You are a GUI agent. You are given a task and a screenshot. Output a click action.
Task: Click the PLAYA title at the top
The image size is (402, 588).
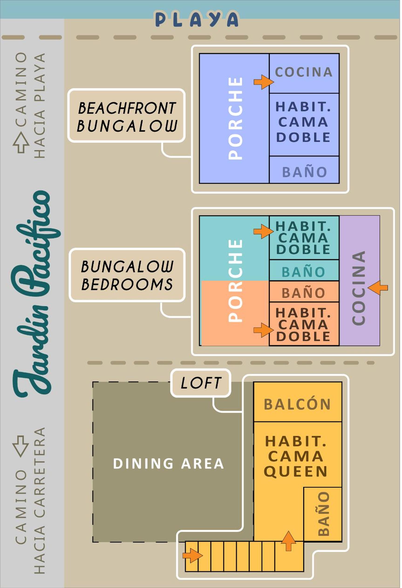pyautogui.click(x=197, y=19)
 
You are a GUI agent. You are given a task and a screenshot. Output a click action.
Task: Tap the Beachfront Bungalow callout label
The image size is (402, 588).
pyautogui.click(x=126, y=115)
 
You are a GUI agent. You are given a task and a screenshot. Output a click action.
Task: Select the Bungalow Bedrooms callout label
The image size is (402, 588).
pyautogui.click(x=127, y=275)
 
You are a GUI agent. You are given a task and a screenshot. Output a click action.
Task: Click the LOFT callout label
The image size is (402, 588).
pyautogui.click(x=201, y=383)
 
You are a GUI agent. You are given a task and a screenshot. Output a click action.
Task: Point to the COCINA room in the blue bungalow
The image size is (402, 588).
pyautogui.click(x=304, y=73)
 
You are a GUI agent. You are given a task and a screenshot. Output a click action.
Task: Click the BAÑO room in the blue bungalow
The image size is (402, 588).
pyautogui.click(x=304, y=170)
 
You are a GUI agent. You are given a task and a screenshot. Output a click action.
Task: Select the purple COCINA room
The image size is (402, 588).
pyautogui.click(x=359, y=280)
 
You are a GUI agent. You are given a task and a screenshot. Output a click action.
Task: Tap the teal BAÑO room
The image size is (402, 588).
pyautogui.click(x=304, y=270)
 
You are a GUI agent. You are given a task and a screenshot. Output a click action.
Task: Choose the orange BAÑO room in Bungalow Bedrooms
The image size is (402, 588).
pyautogui.click(x=304, y=291)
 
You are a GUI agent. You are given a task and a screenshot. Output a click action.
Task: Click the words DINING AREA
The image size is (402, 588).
pyautogui.click(x=168, y=464)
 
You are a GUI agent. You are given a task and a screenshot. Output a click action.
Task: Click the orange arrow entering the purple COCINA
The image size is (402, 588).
pyautogui.click(x=378, y=288)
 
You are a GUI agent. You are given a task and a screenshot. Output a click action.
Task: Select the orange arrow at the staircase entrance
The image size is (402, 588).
pyautogui.click(x=193, y=556)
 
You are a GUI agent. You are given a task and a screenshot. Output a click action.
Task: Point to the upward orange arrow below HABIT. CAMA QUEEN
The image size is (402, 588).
pyautogui.click(x=288, y=540)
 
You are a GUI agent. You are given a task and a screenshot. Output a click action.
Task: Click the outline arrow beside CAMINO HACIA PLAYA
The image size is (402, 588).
pyautogui.click(x=21, y=143)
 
